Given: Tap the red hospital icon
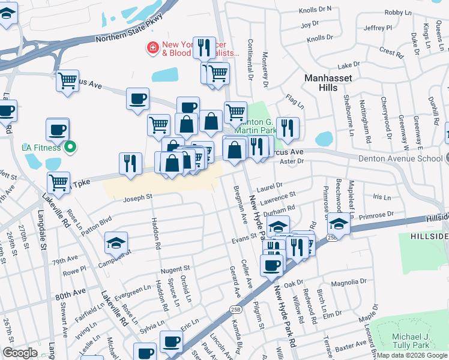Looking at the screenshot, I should click(153, 46).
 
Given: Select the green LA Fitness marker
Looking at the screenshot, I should click(71, 146).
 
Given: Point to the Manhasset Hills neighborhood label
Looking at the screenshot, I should click(330, 83).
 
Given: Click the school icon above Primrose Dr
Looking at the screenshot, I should click(339, 225).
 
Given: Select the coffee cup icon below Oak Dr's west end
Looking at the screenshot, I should click(271, 265).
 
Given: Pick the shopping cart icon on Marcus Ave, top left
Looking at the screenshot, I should click(68, 80).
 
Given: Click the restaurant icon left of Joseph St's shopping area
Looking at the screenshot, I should click(130, 163).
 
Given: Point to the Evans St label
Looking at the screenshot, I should click(244, 241).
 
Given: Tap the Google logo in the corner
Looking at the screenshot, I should click(20, 353).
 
